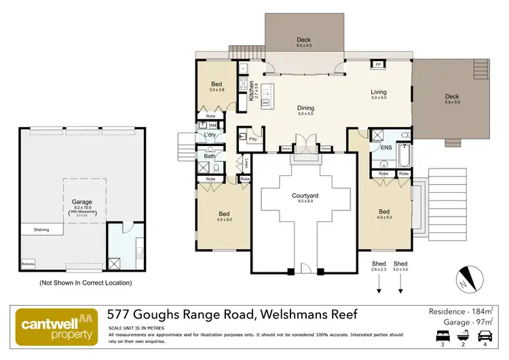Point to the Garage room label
point(82,202)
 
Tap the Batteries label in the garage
point(29,263)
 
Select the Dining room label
point(305,108)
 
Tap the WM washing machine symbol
point(212,126)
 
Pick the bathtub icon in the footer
point(465,335)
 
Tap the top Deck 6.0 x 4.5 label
point(303,43)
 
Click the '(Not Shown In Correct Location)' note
point(86,282)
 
